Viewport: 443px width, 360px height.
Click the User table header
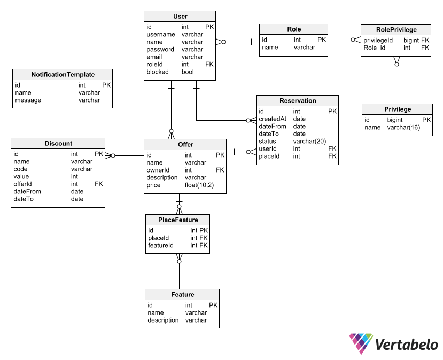[x=180, y=17]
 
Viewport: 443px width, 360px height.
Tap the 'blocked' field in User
[x=158, y=72]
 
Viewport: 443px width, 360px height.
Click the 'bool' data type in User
[x=188, y=72]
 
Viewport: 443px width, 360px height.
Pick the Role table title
[x=293, y=29]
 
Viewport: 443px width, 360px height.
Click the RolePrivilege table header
[x=397, y=29]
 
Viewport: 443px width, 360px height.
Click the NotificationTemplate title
[x=63, y=75]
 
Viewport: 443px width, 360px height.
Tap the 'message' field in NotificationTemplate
[x=28, y=100]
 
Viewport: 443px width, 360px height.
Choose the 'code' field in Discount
[x=21, y=169]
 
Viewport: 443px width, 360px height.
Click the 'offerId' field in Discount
[x=24, y=184]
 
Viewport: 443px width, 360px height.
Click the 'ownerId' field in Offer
[x=158, y=170]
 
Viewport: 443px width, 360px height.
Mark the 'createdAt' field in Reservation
[x=273, y=119]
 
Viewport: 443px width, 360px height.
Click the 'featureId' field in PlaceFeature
[x=161, y=245]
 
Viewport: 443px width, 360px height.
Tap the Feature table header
[x=182, y=294]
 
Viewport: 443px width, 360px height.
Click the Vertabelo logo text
[x=406, y=345]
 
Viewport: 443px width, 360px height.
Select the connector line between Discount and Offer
[x=125, y=155]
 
